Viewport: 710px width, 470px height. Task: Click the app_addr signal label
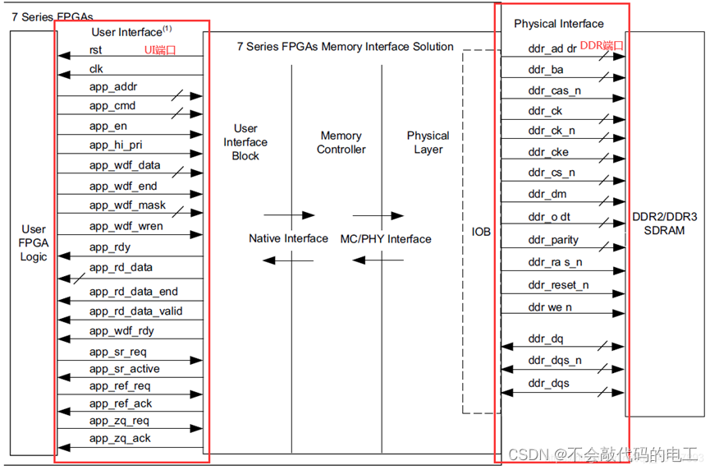[x=114, y=86]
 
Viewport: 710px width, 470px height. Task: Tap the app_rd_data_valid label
[x=136, y=311]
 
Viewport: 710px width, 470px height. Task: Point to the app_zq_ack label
[x=120, y=438]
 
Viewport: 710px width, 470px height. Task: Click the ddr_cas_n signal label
[x=555, y=90]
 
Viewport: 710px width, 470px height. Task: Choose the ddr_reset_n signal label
[x=558, y=285]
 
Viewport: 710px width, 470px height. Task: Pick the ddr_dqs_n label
[x=555, y=360]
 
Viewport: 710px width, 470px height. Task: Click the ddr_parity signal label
[x=553, y=240]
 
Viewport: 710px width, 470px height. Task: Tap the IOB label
[x=481, y=232]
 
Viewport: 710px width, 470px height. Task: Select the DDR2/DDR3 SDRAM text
[x=664, y=223]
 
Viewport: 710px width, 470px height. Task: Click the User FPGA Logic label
[x=34, y=242]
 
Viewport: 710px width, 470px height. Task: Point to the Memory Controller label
[x=341, y=142]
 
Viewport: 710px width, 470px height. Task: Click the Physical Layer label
[x=428, y=142]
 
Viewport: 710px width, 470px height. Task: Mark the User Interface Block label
[x=245, y=141]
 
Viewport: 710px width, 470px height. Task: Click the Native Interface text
[x=288, y=238]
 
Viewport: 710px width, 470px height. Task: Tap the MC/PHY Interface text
[x=386, y=238]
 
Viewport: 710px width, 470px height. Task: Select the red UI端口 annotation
[x=161, y=50]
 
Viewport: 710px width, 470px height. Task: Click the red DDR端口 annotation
[x=602, y=45]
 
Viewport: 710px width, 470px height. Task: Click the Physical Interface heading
[x=558, y=24]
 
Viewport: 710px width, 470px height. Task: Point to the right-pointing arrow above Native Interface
[x=289, y=215]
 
